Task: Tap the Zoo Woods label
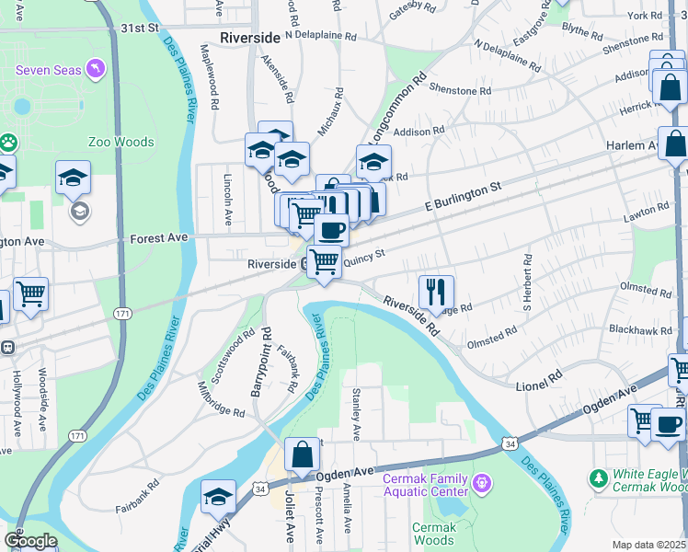pos(120,142)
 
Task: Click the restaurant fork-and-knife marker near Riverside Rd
pos(435,291)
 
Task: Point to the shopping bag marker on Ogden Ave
pos(302,454)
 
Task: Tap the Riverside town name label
pos(250,39)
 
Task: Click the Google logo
pos(31,541)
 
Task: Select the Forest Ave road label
pos(158,237)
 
